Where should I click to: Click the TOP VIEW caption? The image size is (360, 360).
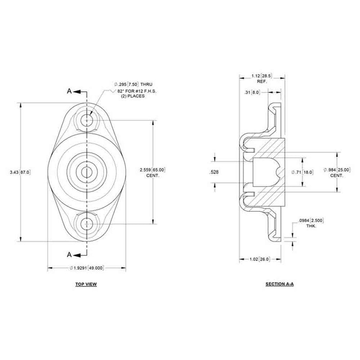click(x=85, y=284)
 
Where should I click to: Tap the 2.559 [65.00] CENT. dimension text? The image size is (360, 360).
click(x=153, y=171)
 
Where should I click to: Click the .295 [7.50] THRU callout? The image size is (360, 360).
click(x=134, y=84)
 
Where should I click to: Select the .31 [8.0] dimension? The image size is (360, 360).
click(x=254, y=93)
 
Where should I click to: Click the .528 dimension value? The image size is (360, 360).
click(x=215, y=172)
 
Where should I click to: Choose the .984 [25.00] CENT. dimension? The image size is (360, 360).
click(x=337, y=172)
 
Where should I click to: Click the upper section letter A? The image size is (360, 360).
click(x=69, y=91)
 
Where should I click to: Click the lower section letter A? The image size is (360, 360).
click(x=69, y=254)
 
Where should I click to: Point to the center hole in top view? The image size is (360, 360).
click(x=86, y=171)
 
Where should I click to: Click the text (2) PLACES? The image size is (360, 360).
click(x=130, y=97)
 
